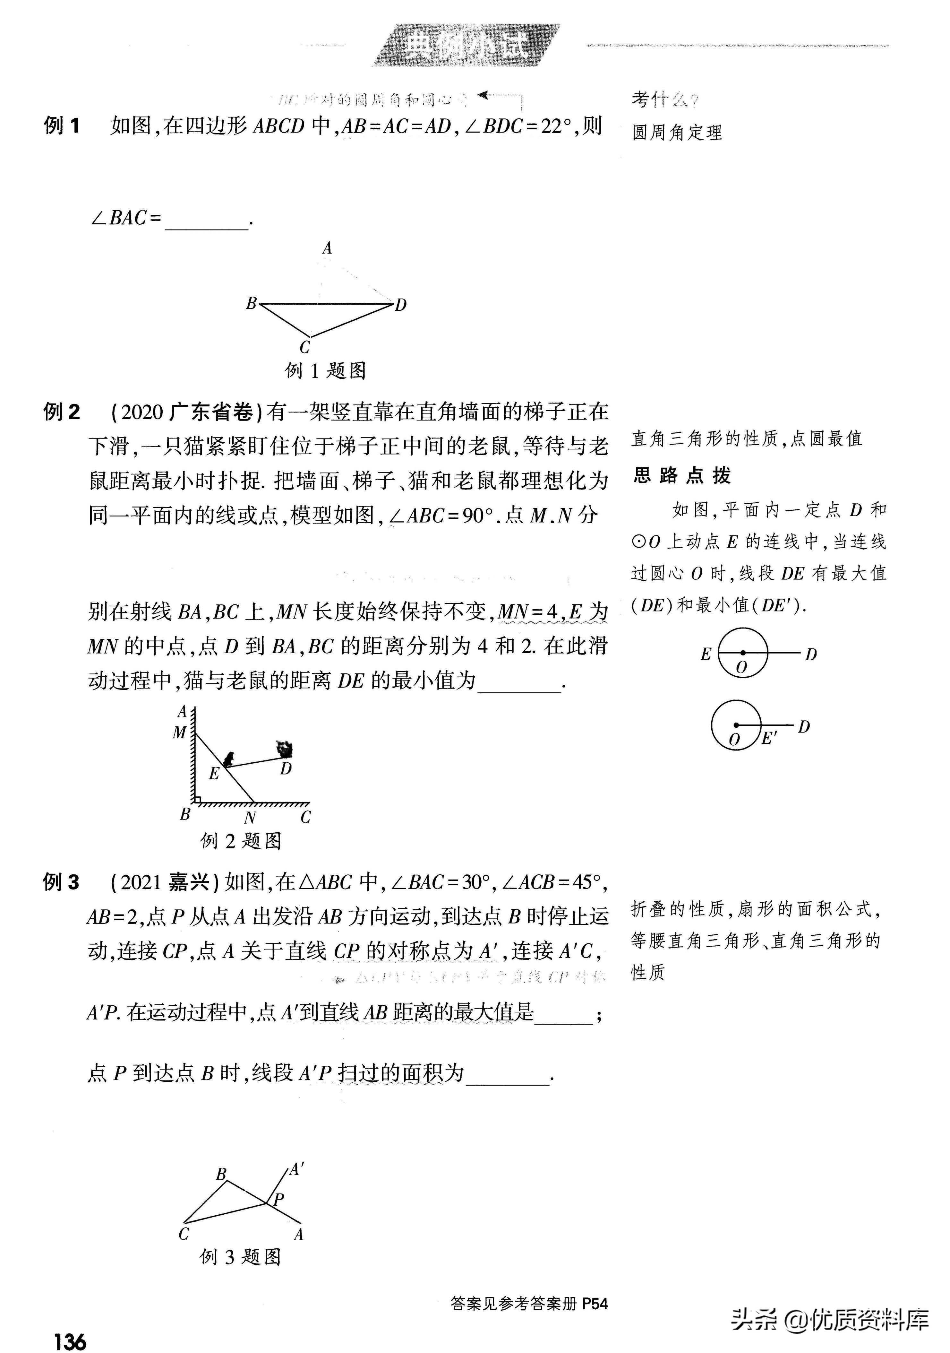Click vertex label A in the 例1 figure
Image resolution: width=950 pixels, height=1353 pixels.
(327, 249)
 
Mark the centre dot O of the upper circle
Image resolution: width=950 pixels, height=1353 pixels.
(743, 652)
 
